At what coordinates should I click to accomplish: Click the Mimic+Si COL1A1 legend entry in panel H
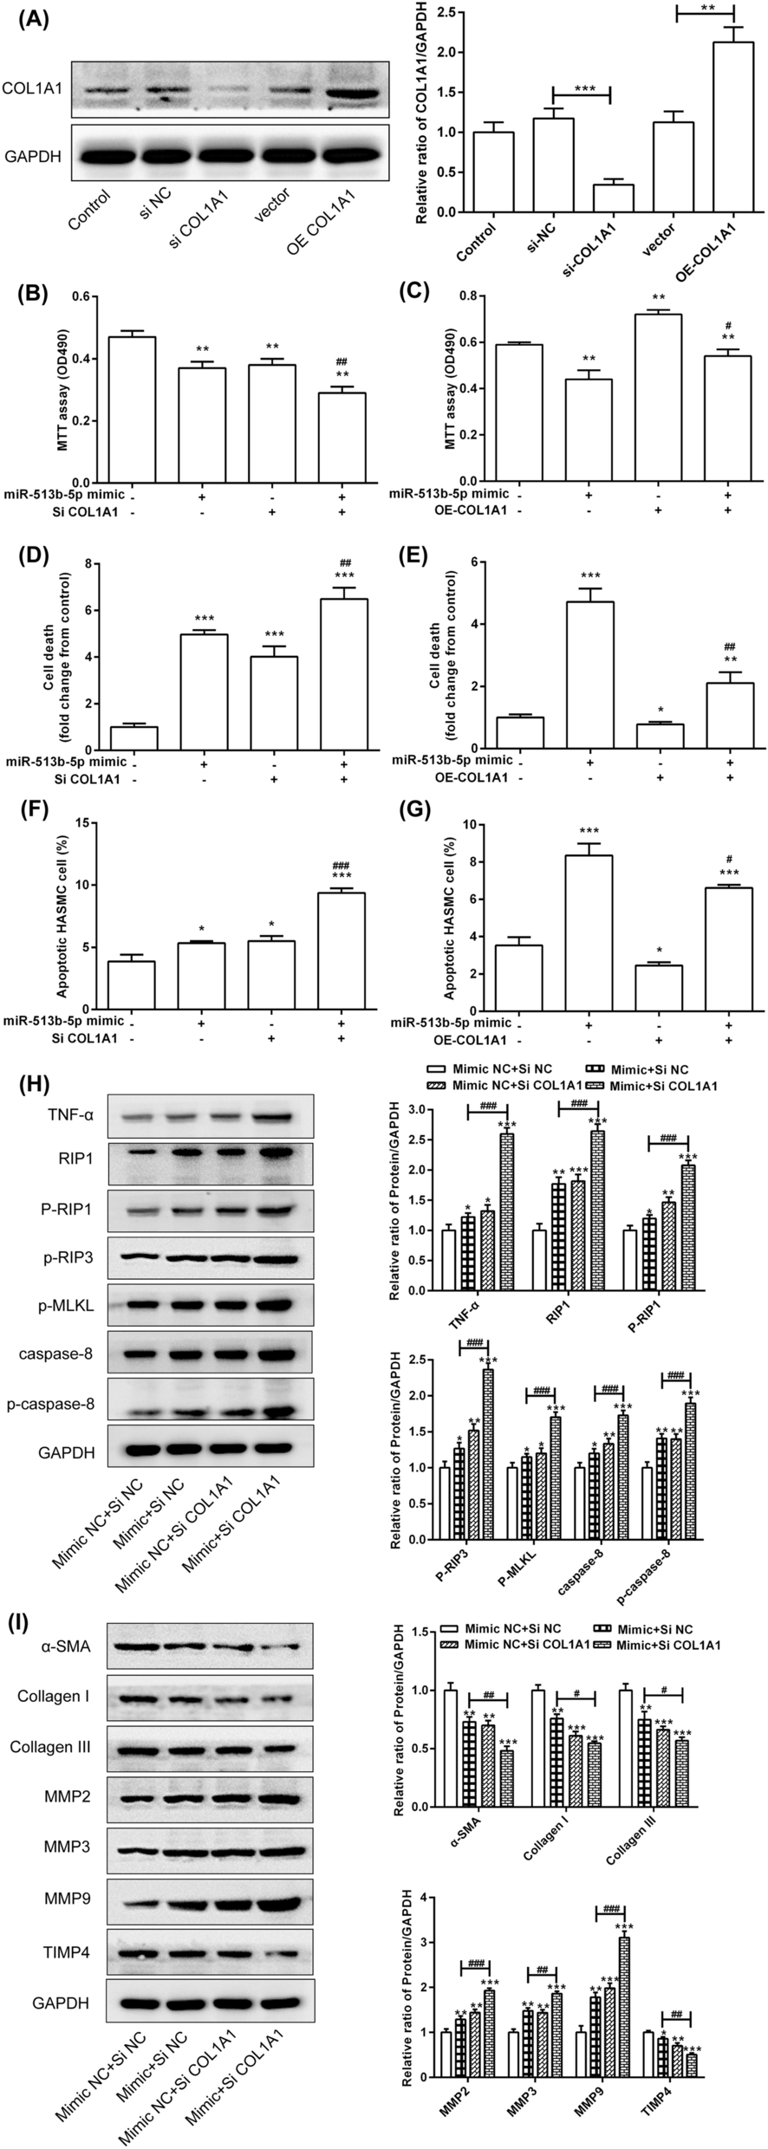(x=664, y=1086)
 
